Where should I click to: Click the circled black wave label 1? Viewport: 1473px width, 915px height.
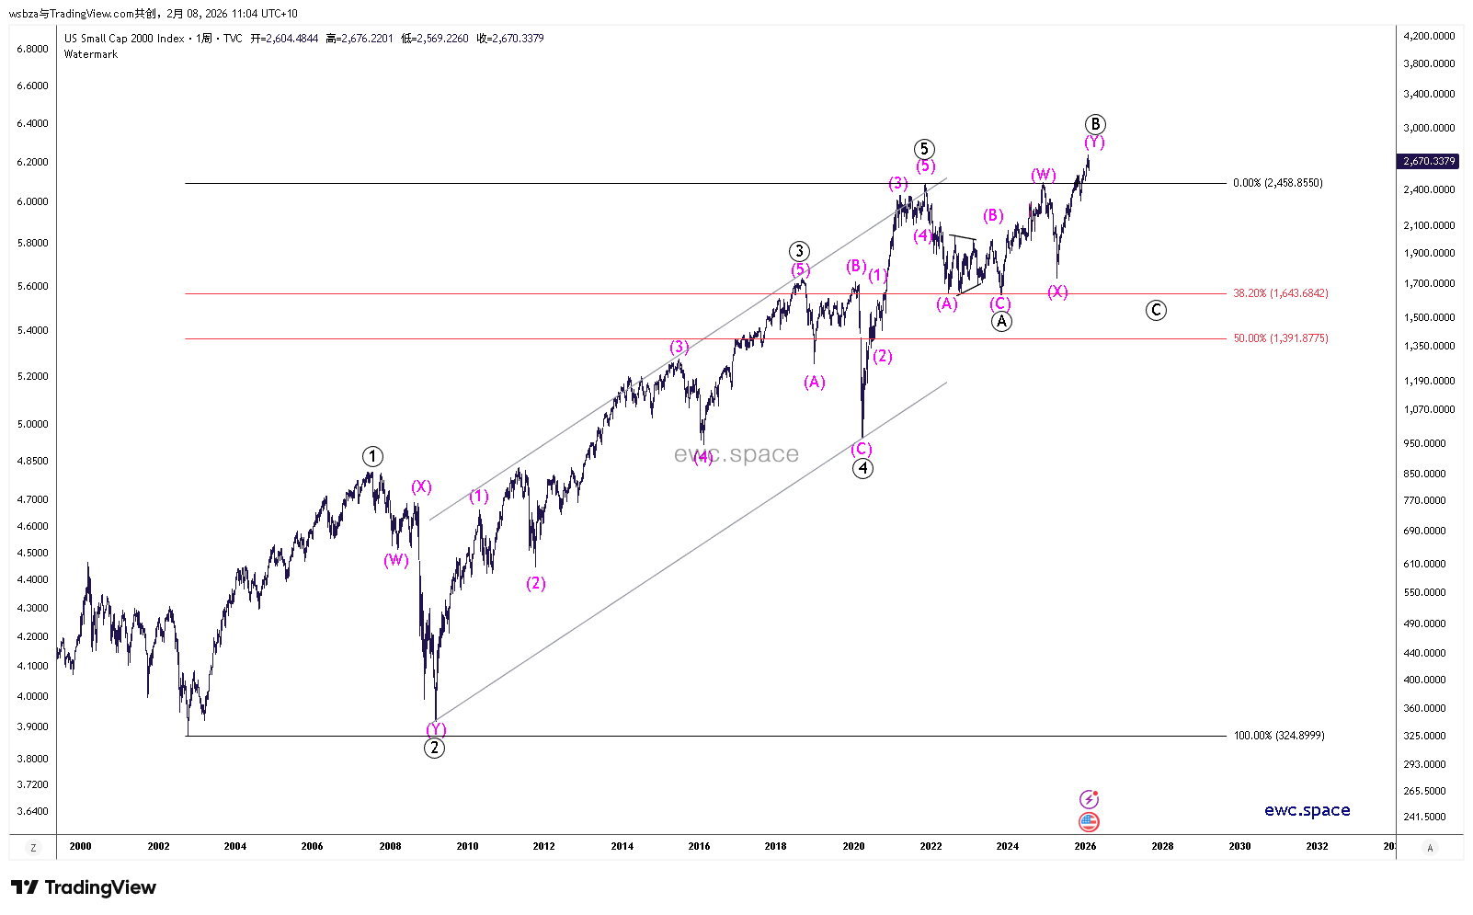[371, 456]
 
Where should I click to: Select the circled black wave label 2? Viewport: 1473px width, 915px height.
[434, 748]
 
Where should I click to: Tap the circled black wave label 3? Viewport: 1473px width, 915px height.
[799, 251]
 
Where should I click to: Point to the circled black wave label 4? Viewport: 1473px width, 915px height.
[862, 468]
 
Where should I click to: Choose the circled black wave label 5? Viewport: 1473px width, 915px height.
[924, 149]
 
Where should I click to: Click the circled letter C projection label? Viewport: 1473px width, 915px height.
[1156, 310]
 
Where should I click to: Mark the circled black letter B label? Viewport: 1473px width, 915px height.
[1094, 124]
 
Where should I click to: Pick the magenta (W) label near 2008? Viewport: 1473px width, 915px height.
[396, 560]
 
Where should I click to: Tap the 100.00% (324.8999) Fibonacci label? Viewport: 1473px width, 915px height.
[1279, 736]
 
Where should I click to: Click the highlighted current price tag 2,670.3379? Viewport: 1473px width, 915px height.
[1428, 161]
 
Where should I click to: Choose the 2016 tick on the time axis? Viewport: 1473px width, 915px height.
[699, 846]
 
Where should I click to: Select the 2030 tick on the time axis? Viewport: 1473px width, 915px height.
[1239, 846]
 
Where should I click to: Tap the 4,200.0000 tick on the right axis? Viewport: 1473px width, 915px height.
[1429, 36]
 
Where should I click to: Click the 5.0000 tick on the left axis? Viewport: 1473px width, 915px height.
[32, 424]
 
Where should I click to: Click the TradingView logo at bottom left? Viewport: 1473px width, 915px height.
[84, 887]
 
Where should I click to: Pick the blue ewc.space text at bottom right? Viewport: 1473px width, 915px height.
[1307, 810]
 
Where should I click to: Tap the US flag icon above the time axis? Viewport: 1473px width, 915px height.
[1089, 821]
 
